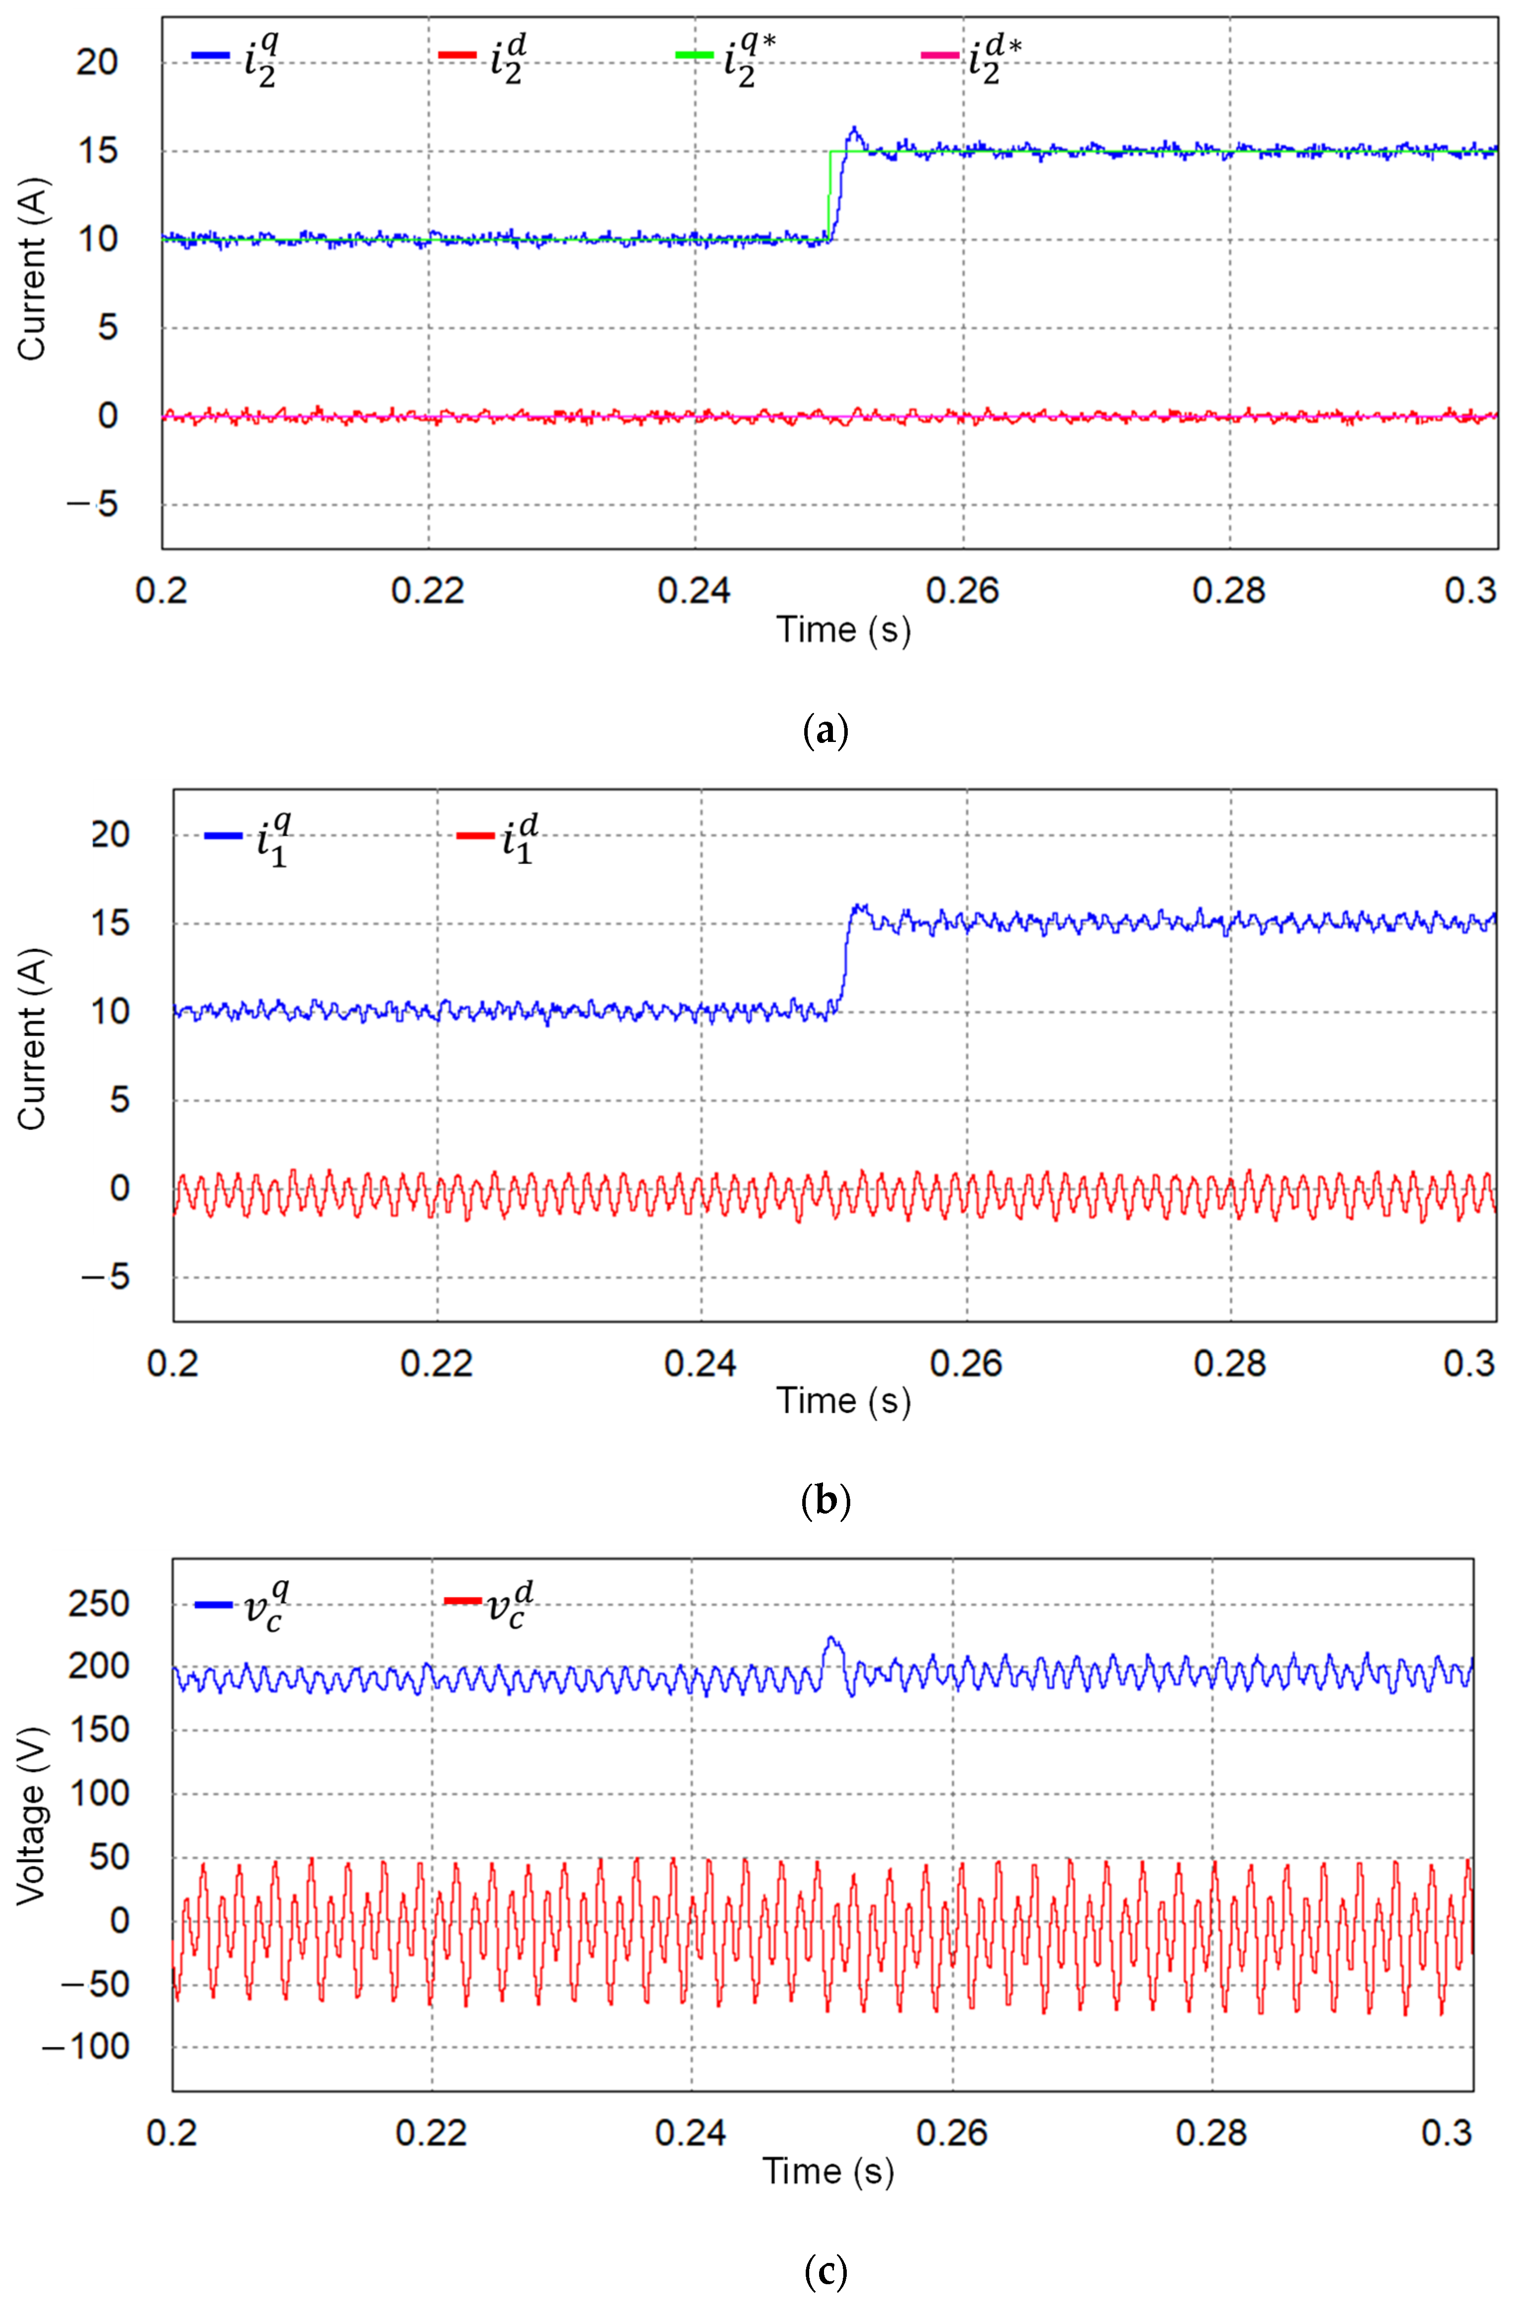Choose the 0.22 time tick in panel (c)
[x=432, y=2132]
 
